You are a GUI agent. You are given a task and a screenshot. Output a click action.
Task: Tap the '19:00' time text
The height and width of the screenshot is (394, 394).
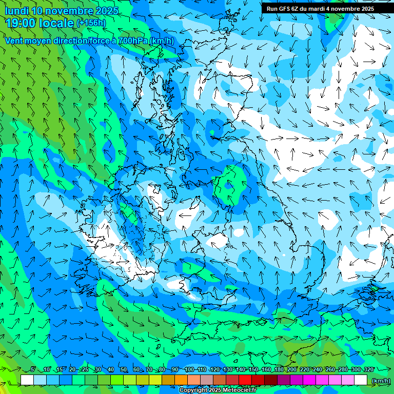click(x=21, y=23)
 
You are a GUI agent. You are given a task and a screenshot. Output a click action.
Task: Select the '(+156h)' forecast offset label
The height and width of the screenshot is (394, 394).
click(x=91, y=23)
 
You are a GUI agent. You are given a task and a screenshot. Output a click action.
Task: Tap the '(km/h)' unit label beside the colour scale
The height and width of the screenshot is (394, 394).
click(x=381, y=381)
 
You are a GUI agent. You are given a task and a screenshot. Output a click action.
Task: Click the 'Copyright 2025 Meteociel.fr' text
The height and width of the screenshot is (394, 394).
click(x=218, y=390)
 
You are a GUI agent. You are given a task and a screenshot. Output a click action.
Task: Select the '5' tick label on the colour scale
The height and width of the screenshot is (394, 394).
click(x=33, y=370)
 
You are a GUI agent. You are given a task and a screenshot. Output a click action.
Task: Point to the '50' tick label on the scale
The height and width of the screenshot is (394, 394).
click(x=124, y=370)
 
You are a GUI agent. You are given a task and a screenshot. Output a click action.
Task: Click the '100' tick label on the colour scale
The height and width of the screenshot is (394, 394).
click(x=189, y=370)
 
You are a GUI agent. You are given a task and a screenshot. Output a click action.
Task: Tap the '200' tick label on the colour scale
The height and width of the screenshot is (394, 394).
click(x=292, y=370)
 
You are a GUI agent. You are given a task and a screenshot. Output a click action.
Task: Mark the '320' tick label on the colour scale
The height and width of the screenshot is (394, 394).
click(x=368, y=370)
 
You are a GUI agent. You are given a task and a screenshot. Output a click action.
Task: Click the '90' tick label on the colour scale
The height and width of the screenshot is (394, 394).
click(x=175, y=370)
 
